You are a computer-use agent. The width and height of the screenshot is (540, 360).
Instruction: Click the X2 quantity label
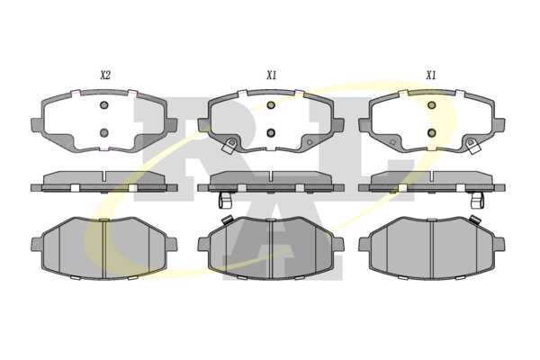click(x=105, y=75)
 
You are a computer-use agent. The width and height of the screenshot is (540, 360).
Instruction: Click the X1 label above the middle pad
click(x=272, y=75)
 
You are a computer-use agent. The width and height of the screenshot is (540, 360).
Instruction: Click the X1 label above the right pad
click(x=431, y=75)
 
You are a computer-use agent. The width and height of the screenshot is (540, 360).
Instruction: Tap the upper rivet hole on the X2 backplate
click(x=104, y=105)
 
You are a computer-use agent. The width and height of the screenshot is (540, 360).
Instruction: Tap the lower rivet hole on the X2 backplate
click(x=104, y=132)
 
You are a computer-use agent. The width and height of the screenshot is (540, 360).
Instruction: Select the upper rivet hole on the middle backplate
click(x=271, y=105)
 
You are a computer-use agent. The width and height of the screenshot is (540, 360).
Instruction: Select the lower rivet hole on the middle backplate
click(x=271, y=132)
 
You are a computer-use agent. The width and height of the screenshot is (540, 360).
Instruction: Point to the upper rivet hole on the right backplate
click(x=431, y=105)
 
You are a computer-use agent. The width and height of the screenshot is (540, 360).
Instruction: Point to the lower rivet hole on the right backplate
click(x=431, y=132)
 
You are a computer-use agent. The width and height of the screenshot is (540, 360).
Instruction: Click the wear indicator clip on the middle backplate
click(x=229, y=146)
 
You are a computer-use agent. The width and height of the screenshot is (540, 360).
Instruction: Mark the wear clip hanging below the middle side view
click(x=225, y=200)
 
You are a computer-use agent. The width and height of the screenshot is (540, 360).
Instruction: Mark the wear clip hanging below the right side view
click(x=477, y=200)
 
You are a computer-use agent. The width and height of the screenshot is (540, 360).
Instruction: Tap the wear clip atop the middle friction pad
click(x=227, y=219)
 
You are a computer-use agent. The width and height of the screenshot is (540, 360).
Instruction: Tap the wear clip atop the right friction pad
click(x=475, y=219)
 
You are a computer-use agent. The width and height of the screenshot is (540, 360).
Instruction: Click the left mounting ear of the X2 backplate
click(x=37, y=125)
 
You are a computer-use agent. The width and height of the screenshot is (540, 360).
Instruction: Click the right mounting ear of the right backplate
click(x=499, y=125)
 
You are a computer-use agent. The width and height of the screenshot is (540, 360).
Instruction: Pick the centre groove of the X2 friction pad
click(x=103, y=248)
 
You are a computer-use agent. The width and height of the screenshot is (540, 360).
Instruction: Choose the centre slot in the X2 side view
click(x=104, y=176)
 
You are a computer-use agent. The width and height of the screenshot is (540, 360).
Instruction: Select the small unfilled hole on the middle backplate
click(x=310, y=142)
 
